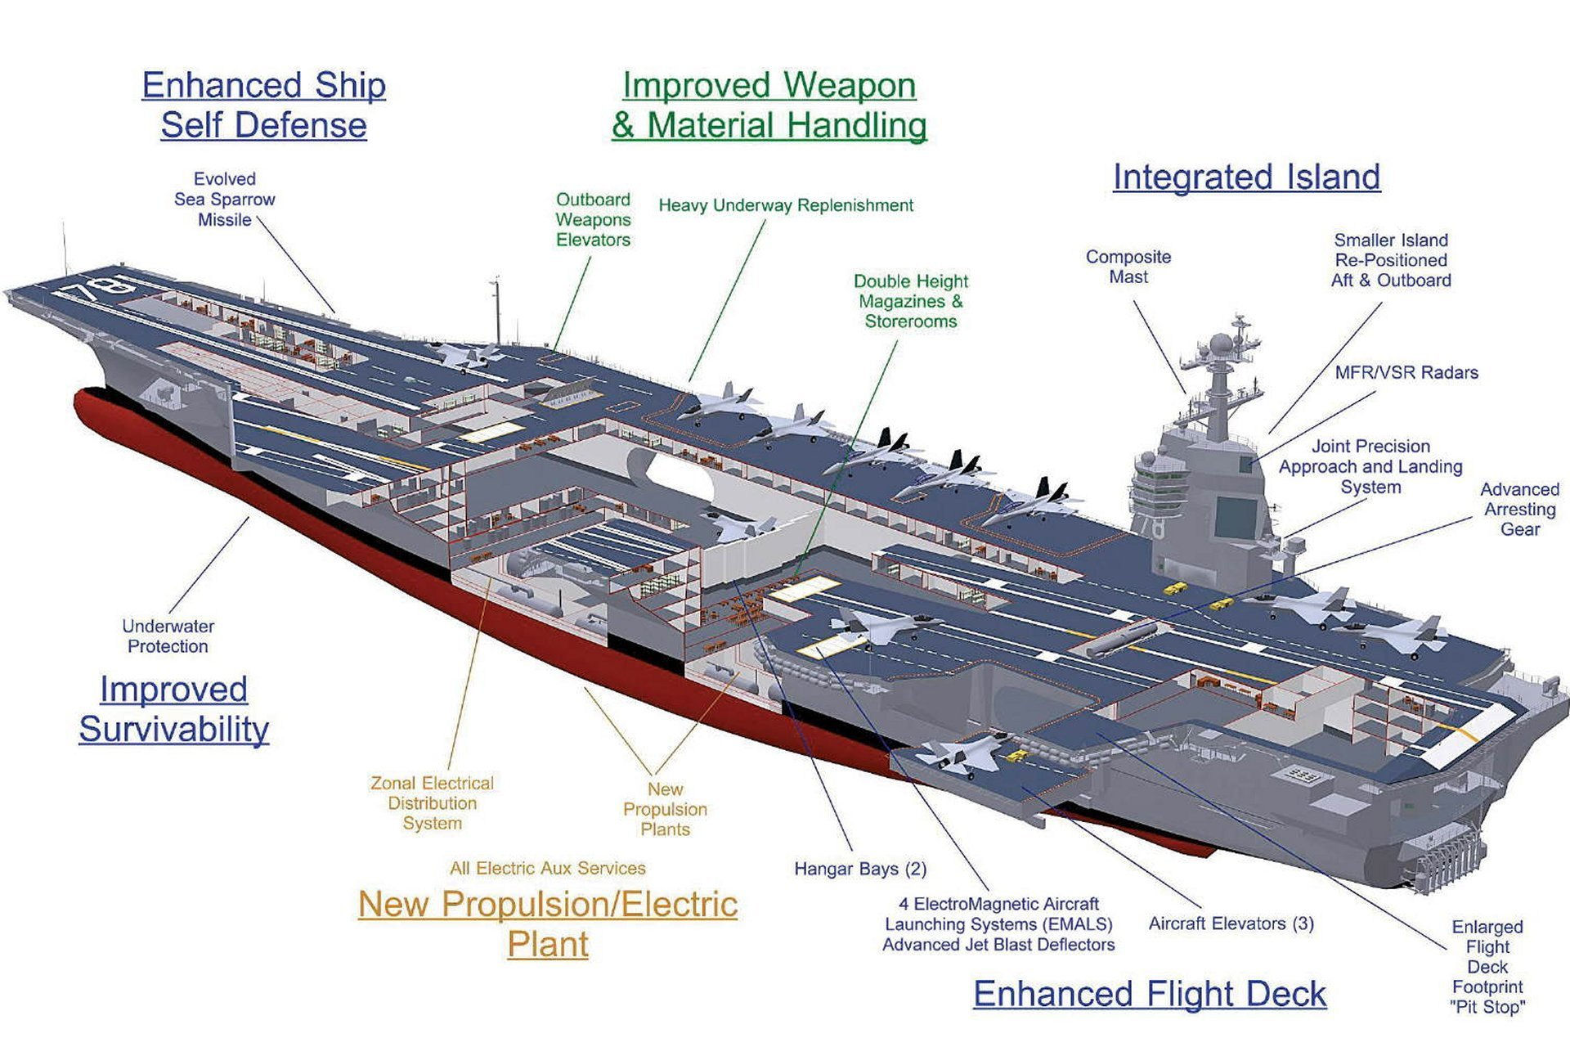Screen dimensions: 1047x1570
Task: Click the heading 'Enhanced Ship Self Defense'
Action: coord(263,106)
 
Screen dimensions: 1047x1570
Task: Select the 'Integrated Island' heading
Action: coord(1246,177)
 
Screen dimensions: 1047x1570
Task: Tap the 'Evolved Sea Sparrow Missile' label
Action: coord(224,200)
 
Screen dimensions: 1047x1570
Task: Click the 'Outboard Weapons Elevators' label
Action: coord(593,219)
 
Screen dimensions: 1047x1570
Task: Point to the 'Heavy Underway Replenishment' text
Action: coord(785,205)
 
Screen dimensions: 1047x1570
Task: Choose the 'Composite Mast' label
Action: coord(1128,267)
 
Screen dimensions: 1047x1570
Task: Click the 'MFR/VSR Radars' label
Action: coord(1406,373)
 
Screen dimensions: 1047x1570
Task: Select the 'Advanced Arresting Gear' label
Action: coord(1519,509)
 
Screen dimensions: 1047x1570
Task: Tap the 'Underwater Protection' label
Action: coord(168,636)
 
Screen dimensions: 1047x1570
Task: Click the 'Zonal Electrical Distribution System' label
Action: coord(432,803)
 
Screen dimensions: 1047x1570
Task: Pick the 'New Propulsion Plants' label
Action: coord(665,809)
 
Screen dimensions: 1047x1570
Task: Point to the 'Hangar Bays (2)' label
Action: coord(859,869)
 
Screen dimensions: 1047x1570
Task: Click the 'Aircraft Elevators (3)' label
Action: coord(1231,923)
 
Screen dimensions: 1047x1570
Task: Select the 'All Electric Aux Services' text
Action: coord(547,868)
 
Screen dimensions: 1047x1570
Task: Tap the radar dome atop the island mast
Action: coord(1220,343)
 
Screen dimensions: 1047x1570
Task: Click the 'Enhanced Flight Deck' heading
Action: coord(1149,994)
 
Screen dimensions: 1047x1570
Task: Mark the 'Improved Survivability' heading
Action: coord(173,709)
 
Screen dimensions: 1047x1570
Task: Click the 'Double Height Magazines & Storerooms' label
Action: coord(910,301)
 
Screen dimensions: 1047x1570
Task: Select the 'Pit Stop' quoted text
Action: coord(1487,1007)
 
